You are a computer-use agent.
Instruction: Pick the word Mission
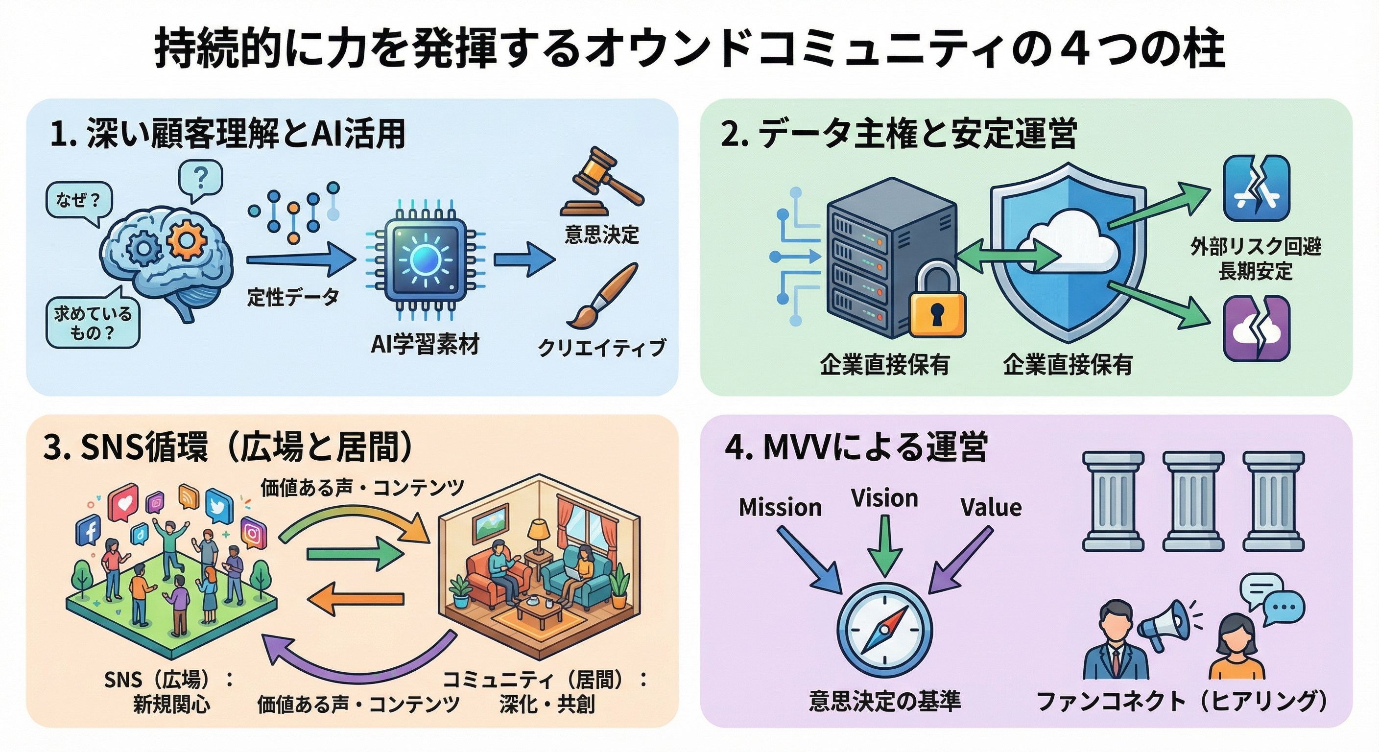point(780,507)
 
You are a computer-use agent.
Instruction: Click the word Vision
point(884,498)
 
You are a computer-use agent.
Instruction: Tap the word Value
point(990,507)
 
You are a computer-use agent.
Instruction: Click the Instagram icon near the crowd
point(253,533)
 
